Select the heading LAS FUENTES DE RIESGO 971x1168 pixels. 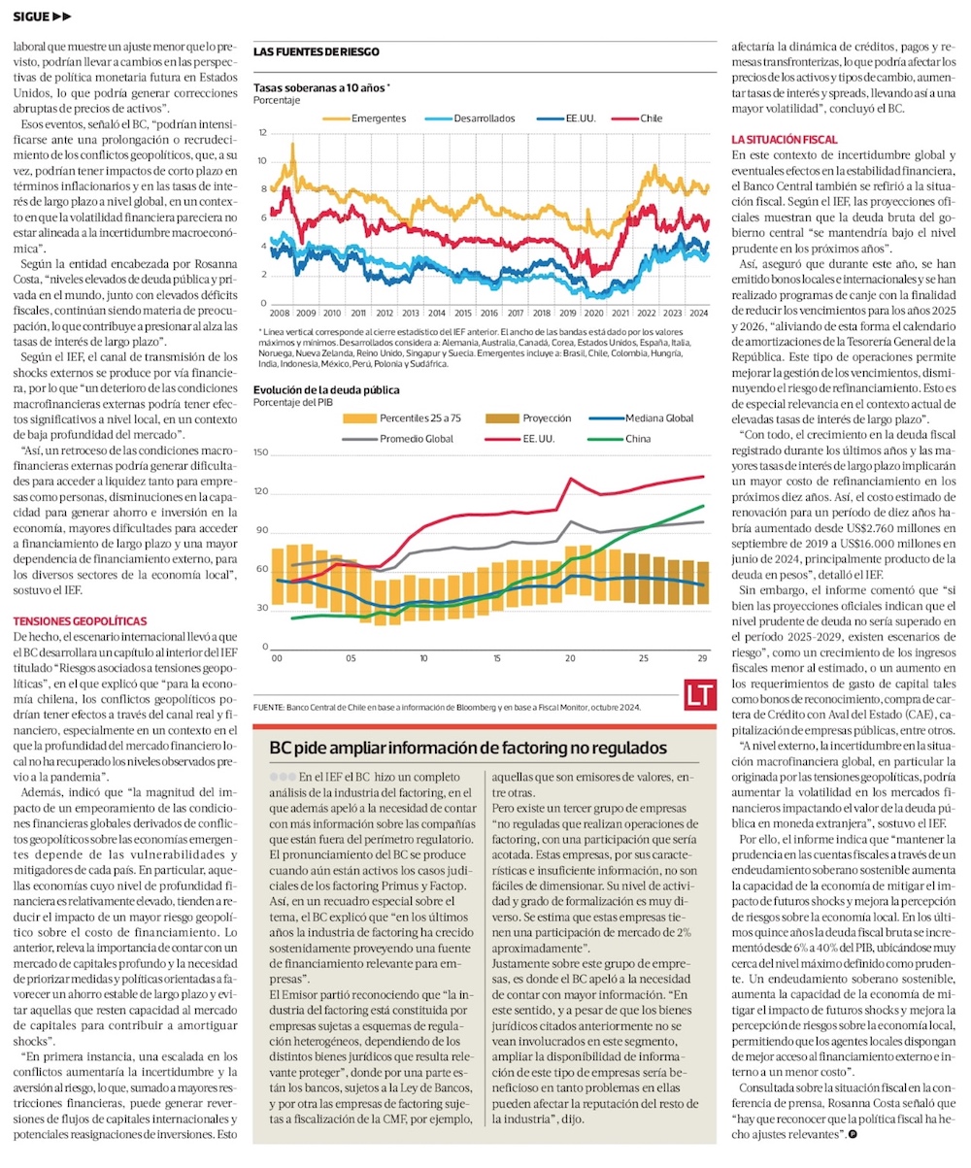(x=316, y=51)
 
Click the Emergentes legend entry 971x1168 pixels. (x=379, y=117)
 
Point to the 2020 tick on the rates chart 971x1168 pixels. (x=594, y=314)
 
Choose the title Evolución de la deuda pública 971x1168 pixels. (x=325, y=391)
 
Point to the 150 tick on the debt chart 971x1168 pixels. (x=260, y=452)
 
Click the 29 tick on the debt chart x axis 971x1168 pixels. (x=702, y=658)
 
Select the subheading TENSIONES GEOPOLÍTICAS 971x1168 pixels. (x=80, y=620)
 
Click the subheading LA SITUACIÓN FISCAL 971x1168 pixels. (x=784, y=141)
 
